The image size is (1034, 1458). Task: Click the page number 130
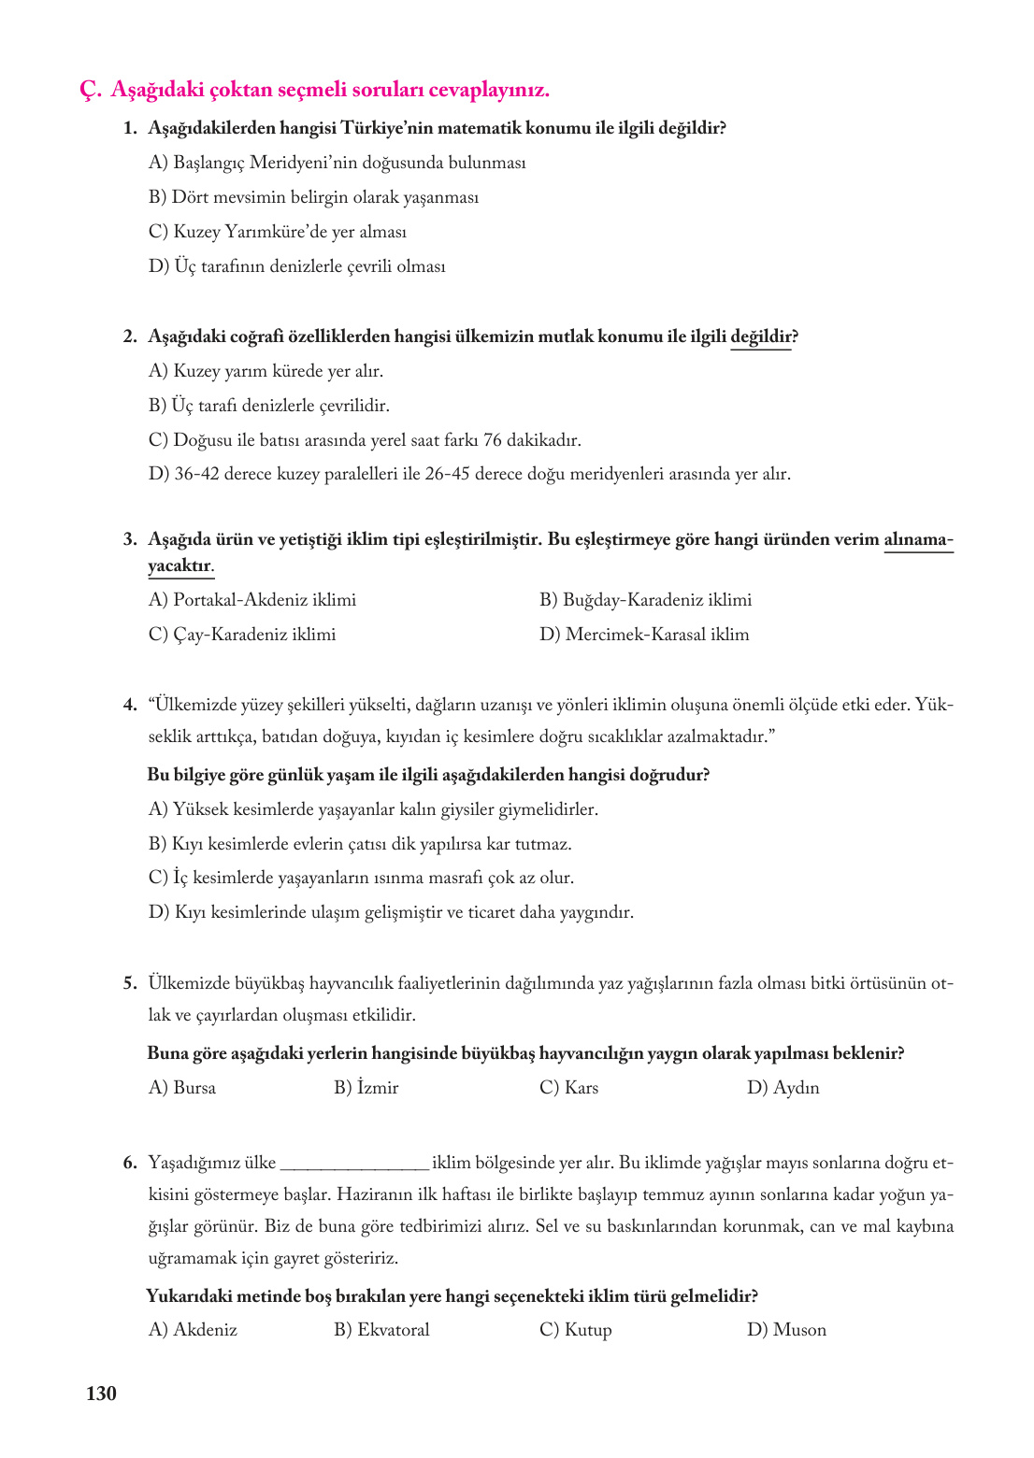tap(101, 1394)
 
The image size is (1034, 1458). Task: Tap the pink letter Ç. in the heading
tap(90, 90)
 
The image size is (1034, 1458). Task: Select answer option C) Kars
tap(568, 1088)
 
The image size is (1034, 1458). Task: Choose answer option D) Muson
tap(786, 1330)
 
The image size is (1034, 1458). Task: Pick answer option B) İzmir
tap(366, 1088)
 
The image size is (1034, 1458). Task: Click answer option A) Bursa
tap(182, 1088)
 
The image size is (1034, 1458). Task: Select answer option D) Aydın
tap(783, 1088)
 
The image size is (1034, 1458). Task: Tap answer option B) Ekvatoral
tap(381, 1330)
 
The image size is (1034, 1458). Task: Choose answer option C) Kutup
tap(575, 1330)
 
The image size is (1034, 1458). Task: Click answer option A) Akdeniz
tap(193, 1330)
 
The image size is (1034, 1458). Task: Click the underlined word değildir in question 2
tap(760, 336)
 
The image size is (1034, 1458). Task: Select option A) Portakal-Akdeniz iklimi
tap(252, 600)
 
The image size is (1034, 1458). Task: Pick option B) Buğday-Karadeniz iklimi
tap(645, 600)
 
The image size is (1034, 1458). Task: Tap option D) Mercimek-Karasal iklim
tap(644, 635)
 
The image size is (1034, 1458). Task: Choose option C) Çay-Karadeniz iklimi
tap(242, 635)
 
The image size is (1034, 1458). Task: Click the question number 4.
tap(130, 706)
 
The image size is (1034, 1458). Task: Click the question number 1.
tap(130, 128)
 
